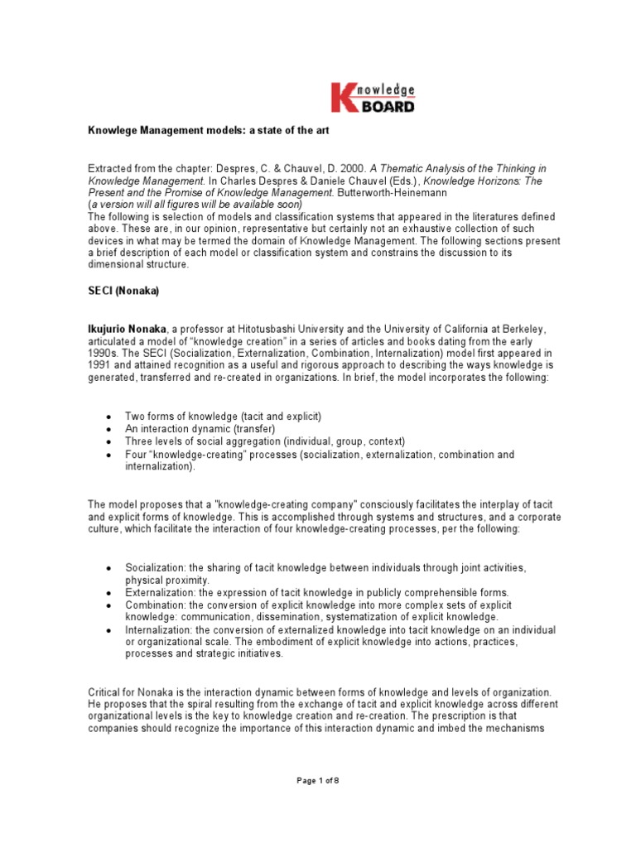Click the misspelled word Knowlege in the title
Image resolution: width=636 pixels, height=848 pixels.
click(x=113, y=129)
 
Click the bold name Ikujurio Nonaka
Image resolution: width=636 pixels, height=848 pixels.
click(x=128, y=328)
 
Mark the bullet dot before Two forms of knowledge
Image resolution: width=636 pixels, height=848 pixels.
click(x=109, y=416)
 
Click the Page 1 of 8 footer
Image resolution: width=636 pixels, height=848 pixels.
click(x=318, y=802)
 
